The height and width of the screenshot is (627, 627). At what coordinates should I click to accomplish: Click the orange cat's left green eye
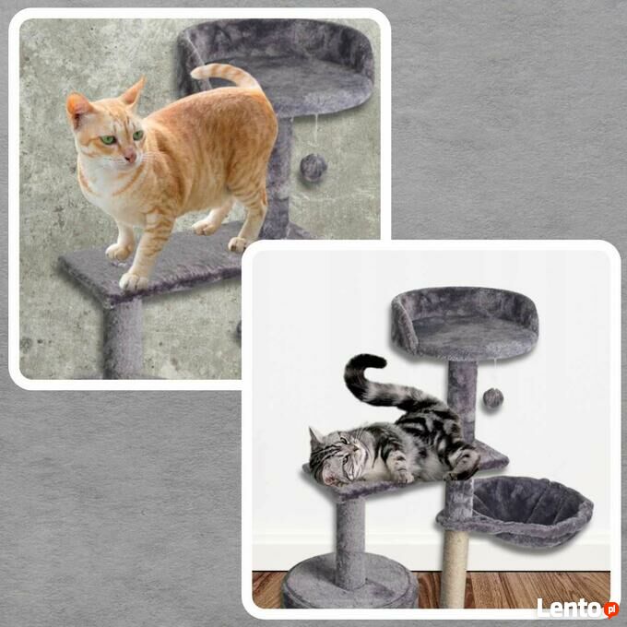[108, 140]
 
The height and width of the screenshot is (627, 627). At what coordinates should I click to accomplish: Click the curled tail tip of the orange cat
[199, 72]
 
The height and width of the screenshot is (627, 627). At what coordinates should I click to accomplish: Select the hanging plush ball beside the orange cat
[313, 168]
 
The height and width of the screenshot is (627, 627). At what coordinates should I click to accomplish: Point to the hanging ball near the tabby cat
[492, 397]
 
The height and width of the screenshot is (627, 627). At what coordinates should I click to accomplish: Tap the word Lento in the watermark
[570, 608]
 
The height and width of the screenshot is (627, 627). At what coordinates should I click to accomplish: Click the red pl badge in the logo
[611, 609]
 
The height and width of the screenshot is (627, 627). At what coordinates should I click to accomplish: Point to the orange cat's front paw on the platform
[133, 281]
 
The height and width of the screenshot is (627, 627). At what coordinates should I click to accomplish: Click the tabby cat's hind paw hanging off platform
[464, 466]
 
